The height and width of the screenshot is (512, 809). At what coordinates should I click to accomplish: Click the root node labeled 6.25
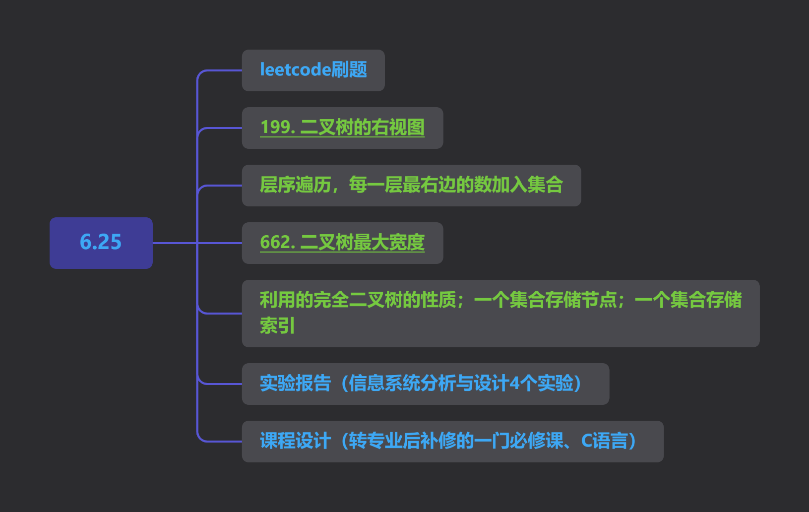click(101, 243)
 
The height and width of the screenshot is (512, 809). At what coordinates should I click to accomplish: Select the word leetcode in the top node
click(296, 69)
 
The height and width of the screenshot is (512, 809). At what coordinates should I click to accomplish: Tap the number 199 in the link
click(276, 127)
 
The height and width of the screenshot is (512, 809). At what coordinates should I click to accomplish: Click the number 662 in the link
click(276, 242)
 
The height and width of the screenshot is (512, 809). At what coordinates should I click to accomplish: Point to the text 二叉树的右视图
click(362, 127)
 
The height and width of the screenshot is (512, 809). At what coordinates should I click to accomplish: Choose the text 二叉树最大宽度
click(362, 242)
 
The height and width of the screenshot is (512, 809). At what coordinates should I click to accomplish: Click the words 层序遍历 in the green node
click(296, 185)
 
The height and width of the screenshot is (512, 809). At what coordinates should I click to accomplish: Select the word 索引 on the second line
click(277, 325)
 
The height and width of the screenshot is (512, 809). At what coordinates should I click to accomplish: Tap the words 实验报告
click(296, 383)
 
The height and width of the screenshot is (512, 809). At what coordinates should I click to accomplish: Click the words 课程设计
click(296, 441)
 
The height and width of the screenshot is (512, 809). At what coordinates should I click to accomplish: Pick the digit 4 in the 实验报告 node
click(514, 383)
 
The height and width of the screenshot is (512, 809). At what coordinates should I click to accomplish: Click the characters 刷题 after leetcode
click(349, 69)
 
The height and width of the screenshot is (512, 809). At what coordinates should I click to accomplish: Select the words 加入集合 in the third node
click(527, 185)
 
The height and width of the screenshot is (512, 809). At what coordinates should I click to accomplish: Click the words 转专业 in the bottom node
click(375, 441)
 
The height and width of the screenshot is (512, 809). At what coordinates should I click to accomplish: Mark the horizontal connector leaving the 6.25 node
click(175, 243)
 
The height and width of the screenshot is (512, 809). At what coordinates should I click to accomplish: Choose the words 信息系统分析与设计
click(429, 383)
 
